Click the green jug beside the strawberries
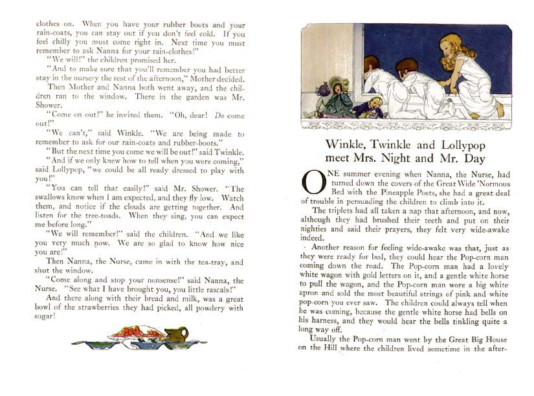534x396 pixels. (x=176, y=335)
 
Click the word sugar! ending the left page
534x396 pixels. (x=45, y=316)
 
